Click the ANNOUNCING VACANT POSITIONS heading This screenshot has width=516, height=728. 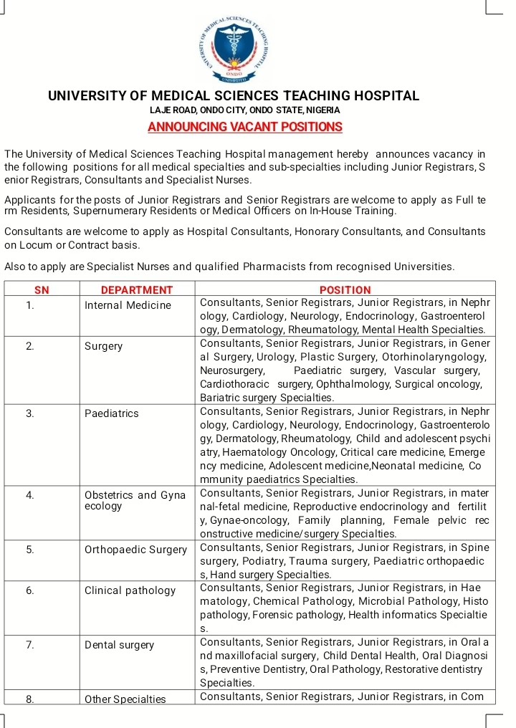click(244, 128)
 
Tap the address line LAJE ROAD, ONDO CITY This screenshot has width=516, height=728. click(244, 110)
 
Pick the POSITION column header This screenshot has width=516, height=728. click(345, 290)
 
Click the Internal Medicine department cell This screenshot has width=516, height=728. click(128, 305)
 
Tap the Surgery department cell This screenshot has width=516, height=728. click(103, 346)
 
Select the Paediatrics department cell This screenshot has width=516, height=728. click(111, 413)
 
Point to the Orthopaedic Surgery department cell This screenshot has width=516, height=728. click(135, 550)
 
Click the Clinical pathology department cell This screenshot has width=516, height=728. click(130, 590)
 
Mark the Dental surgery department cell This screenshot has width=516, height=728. click(119, 645)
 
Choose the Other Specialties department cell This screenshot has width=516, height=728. click(125, 699)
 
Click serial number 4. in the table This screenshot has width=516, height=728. click(30, 495)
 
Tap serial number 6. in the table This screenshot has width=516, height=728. click(30, 590)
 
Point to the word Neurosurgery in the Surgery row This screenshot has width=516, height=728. click(231, 371)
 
